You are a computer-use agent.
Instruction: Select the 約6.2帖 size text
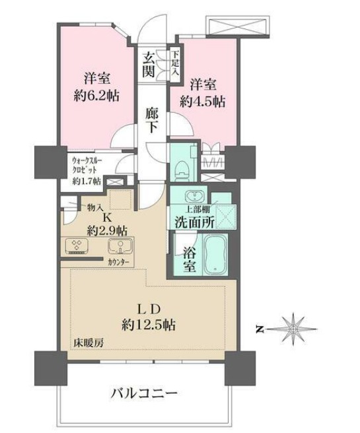click(x=95, y=95)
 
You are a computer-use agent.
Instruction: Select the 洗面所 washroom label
click(x=194, y=222)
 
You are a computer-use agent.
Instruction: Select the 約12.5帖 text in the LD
click(x=148, y=325)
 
